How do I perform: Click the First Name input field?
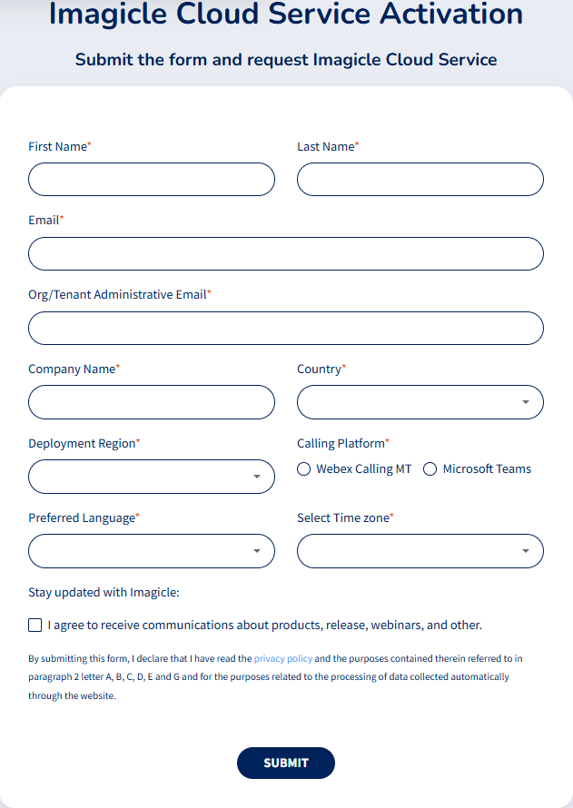(151, 180)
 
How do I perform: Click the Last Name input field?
(420, 180)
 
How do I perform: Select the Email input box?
(286, 254)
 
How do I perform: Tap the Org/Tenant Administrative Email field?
(286, 329)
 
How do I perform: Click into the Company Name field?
(151, 402)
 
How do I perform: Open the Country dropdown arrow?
(526, 402)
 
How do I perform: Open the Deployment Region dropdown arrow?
(257, 477)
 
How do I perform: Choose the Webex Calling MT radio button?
(304, 469)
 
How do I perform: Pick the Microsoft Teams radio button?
(430, 469)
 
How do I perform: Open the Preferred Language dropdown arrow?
(257, 551)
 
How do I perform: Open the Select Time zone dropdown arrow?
(526, 551)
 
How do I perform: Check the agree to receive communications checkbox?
(35, 626)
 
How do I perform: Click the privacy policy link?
(283, 658)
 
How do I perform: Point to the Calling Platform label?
(341, 443)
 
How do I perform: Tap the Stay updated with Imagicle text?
(104, 593)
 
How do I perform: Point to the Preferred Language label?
(82, 517)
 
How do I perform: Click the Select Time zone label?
(342, 517)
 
